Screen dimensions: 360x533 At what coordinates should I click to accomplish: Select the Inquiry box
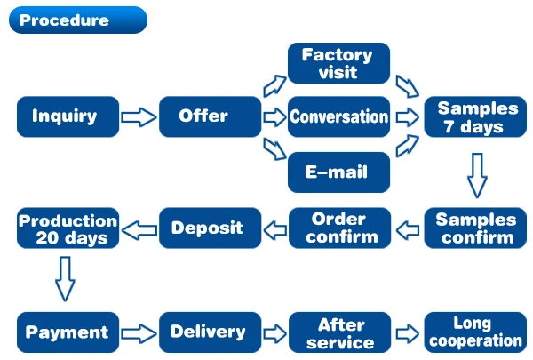(x=68, y=116)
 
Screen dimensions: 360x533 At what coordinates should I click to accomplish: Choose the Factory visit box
(x=338, y=63)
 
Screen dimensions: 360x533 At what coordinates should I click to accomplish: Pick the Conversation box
(x=338, y=116)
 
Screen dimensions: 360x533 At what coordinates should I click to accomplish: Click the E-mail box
(x=338, y=172)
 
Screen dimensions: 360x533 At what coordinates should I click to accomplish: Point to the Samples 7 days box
(x=477, y=116)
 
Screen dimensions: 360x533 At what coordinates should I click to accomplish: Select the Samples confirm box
(x=477, y=228)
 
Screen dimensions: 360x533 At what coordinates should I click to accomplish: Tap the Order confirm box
(x=338, y=228)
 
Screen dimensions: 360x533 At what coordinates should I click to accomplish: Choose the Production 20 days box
(x=68, y=228)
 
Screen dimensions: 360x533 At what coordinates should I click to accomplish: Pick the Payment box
(x=68, y=332)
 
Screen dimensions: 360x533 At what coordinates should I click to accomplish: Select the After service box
(x=338, y=332)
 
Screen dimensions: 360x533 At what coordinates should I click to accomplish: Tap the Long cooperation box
(x=477, y=332)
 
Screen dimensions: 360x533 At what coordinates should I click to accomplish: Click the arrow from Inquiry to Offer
(x=138, y=116)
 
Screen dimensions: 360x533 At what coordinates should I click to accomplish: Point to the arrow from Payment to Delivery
(x=138, y=333)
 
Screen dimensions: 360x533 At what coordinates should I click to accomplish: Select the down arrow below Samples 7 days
(x=477, y=173)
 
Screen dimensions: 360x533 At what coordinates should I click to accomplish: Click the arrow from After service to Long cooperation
(x=407, y=333)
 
